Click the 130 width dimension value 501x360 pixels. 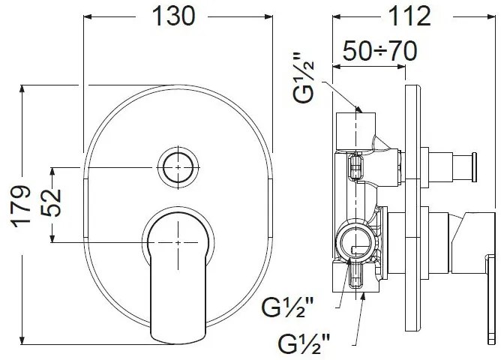click(x=173, y=16)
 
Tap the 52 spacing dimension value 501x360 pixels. click(x=51, y=202)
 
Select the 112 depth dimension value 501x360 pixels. click(x=409, y=16)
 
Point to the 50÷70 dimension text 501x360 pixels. click(x=380, y=50)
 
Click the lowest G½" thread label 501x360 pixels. click(x=304, y=343)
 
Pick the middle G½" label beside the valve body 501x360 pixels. click(x=287, y=308)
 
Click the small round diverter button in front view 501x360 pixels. click(x=178, y=167)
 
